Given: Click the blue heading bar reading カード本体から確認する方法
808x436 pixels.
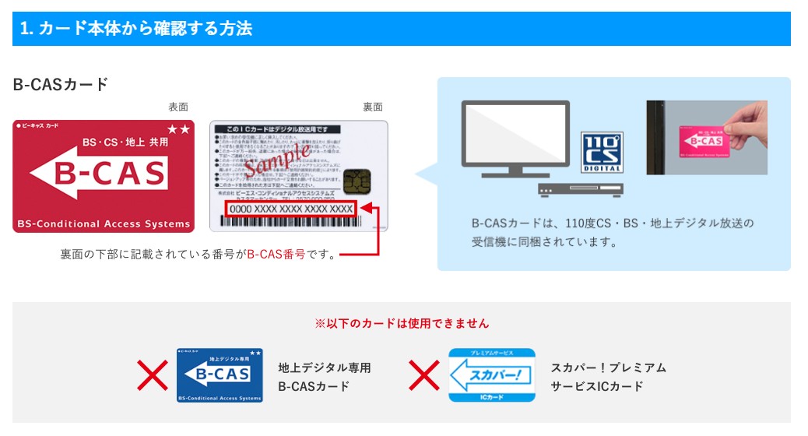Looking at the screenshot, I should pyautogui.click(x=401, y=30).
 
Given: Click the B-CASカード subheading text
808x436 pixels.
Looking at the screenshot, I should pyautogui.click(x=61, y=85).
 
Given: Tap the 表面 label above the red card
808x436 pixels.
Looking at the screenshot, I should pyautogui.click(x=178, y=107).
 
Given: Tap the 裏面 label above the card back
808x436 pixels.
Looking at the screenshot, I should pyautogui.click(x=373, y=107).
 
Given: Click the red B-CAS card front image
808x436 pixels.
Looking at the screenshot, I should pyautogui.click(x=104, y=176).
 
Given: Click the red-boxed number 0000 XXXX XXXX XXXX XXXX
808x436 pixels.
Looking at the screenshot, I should pyautogui.click(x=291, y=209).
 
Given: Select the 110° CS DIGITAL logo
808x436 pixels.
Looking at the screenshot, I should pyautogui.click(x=602, y=152).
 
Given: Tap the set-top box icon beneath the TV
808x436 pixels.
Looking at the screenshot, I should pyautogui.click(x=579, y=189).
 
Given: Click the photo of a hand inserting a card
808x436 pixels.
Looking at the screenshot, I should pyautogui.click(x=706, y=138).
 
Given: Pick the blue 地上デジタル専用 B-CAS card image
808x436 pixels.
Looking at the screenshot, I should pyautogui.click(x=220, y=375).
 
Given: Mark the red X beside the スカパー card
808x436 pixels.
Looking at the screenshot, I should pyautogui.click(x=424, y=375).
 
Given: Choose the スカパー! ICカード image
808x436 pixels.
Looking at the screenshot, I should pyautogui.click(x=491, y=375).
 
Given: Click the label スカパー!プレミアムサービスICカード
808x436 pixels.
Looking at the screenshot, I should pyautogui.click(x=608, y=377).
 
